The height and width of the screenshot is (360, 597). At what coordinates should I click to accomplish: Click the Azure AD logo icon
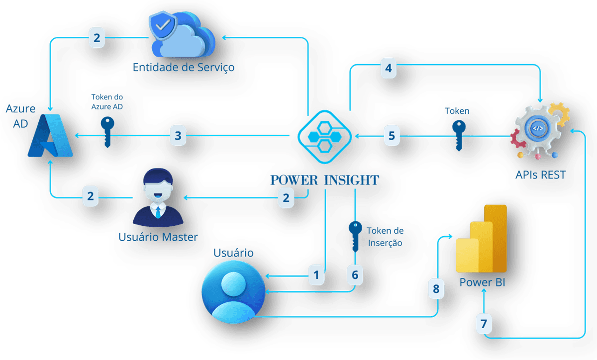tap(50, 136)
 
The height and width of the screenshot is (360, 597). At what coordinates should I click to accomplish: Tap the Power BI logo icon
tap(482, 239)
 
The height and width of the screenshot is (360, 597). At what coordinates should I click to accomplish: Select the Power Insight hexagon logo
tap(324, 137)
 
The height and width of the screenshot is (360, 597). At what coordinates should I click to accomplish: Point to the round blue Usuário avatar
tap(233, 292)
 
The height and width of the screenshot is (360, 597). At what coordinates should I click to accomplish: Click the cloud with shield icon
tap(182, 34)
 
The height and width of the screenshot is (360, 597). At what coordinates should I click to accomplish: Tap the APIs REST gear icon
tap(540, 131)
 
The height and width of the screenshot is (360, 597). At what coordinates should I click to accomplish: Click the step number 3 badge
tap(178, 136)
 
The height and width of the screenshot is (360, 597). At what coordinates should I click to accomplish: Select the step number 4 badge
tap(389, 68)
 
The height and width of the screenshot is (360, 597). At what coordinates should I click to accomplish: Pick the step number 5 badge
tap(392, 136)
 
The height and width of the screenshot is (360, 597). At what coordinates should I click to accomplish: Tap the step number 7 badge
tap(484, 324)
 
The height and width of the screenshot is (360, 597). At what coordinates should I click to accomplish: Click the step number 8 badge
tap(436, 288)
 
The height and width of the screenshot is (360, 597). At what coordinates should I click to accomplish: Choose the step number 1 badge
tap(316, 275)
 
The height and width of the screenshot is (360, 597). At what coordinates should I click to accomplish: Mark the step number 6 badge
tap(355, 275)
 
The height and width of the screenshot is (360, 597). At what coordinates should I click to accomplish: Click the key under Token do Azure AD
tap(107, 132)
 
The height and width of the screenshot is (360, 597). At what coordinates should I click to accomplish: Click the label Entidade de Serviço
tap(184, 68)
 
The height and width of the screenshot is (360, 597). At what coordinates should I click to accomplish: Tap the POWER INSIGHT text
tap(324, 180)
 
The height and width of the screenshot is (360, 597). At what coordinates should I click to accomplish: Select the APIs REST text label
tap(540, 175)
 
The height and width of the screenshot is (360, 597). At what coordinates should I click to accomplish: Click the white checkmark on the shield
tap(163, 24)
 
